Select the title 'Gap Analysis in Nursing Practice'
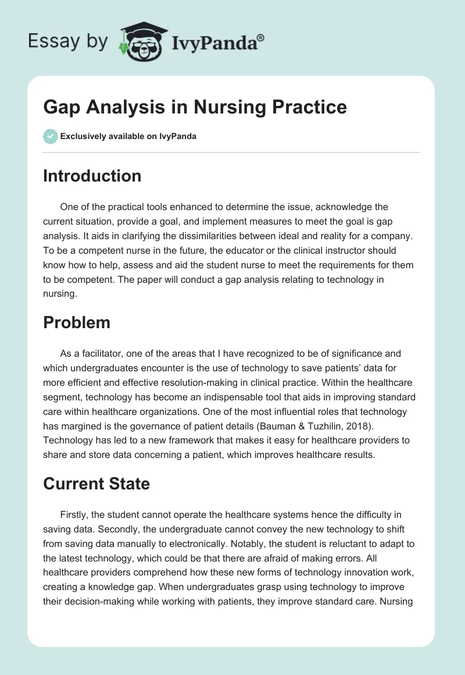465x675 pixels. [x=195, y=107]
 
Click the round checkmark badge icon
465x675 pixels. [x=50, y=136]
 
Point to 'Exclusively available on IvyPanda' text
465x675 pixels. [x=128, y=137]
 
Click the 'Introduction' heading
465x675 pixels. [x=92, y=176]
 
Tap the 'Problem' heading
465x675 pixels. [x=77, y=322]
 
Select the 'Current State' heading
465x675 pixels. [x=96, y=484]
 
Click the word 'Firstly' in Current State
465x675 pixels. [x=74, y=514]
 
